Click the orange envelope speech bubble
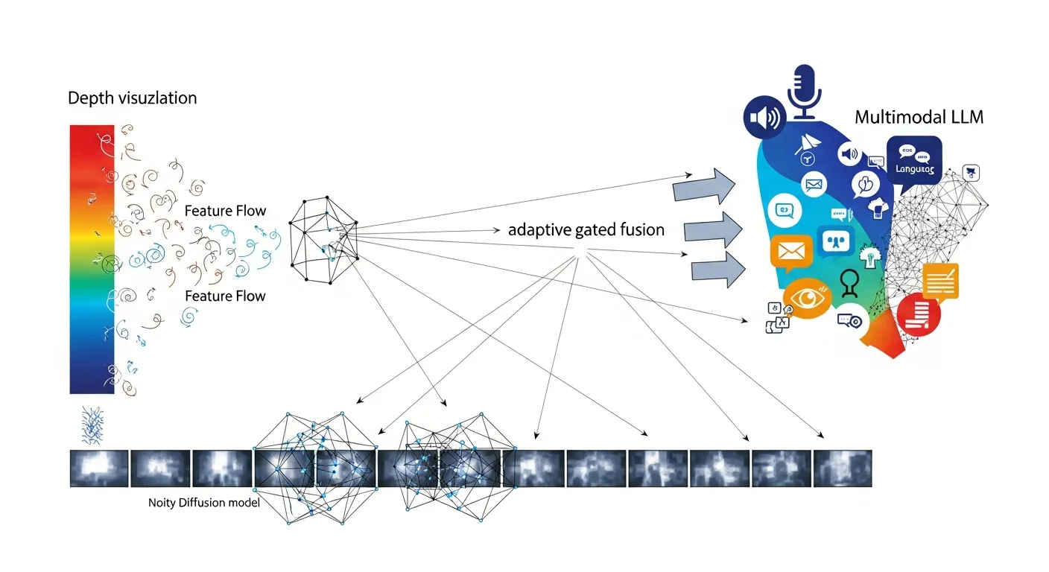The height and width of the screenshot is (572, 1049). pos(790,252)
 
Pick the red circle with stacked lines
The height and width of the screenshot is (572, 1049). pos(919,314)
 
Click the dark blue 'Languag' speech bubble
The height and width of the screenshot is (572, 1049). pos(914,161)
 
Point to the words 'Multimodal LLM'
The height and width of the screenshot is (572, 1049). pos(919,118)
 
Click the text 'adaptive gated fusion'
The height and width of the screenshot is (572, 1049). pos(586,230)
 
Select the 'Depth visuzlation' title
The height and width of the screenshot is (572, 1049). pos(133,98)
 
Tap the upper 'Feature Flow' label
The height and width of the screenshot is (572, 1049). pos(225,211)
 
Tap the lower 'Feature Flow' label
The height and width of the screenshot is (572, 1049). pos(225,296)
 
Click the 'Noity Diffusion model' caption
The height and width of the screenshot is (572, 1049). pos(203,503)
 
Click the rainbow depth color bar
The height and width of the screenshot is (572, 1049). pos(92,259)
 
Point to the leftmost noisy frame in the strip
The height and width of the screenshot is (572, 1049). pos(99,468)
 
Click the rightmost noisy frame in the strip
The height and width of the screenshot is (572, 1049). pos(842,468)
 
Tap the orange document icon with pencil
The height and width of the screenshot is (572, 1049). pos(940,282)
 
